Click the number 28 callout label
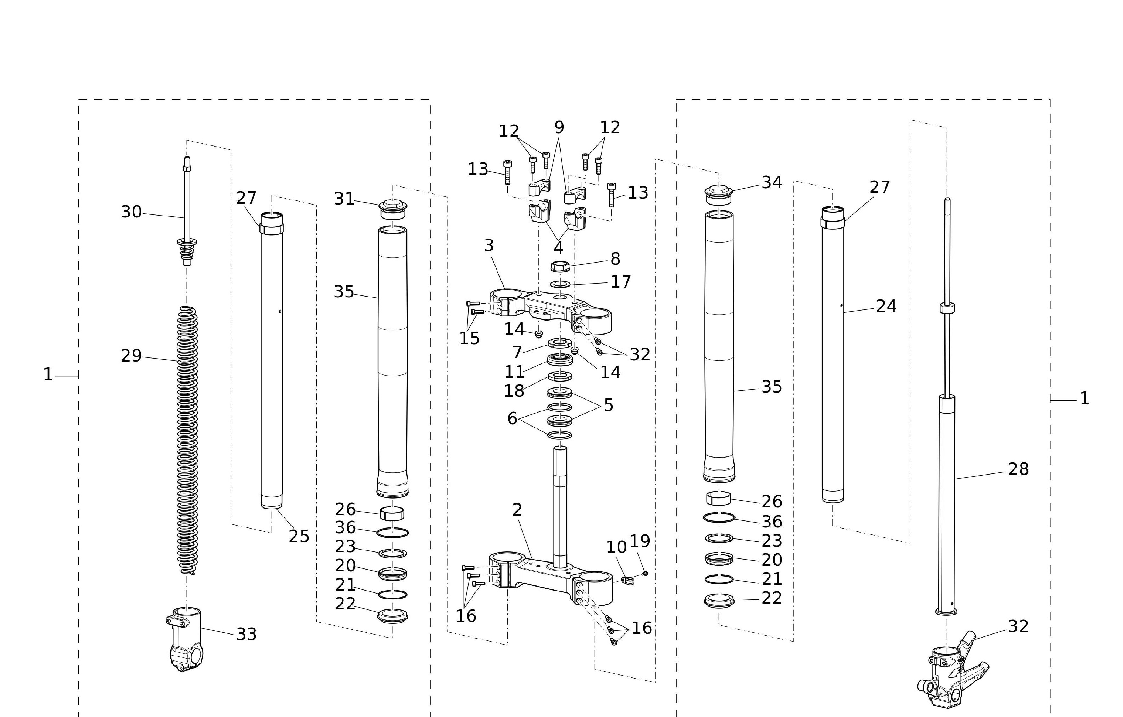coord(1018,469)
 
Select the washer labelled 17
coord(560,284)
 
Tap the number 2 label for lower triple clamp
coord(517,510)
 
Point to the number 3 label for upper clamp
coord(489,245)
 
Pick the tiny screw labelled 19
coord(645,573)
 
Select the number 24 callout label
coord(886,306)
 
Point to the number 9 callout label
coord(559,127)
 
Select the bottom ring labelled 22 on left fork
coord(392,616)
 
